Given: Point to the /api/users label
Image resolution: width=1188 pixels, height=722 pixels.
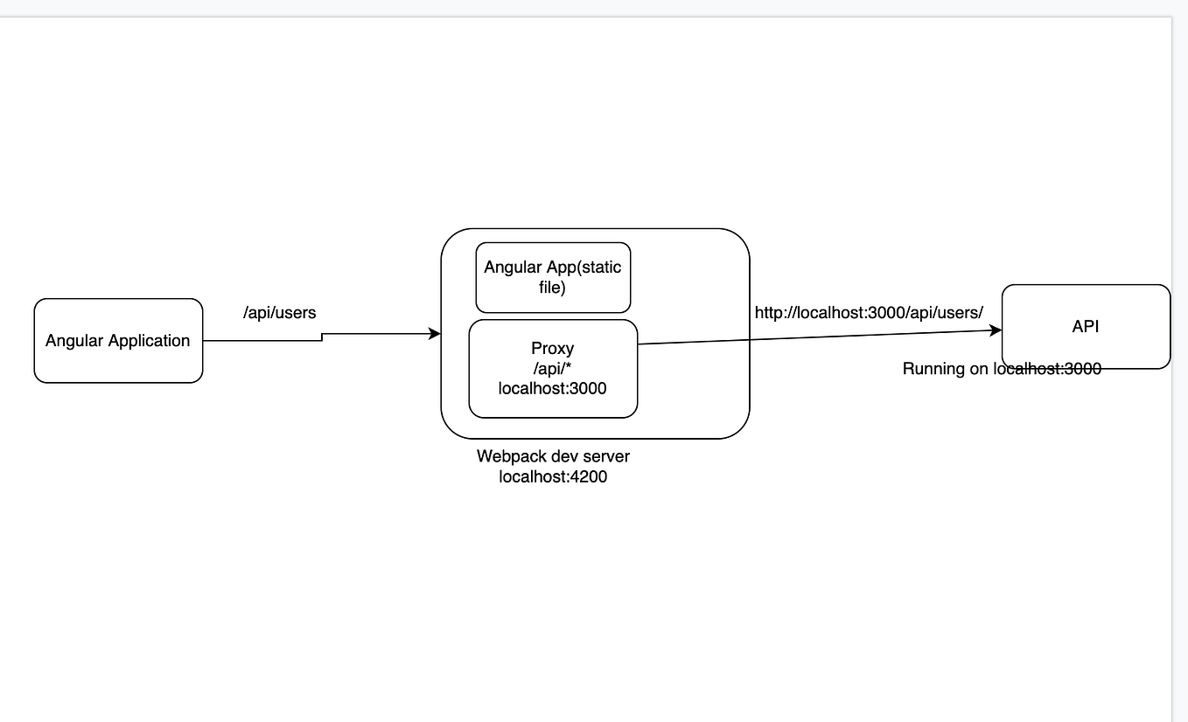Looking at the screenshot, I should point(279,312).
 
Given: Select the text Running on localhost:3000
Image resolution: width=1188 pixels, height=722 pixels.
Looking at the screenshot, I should point(1001,369).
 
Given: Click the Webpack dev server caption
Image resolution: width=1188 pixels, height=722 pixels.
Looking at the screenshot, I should point(553,455).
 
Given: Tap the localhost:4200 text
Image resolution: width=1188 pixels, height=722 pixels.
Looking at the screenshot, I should point(553,476).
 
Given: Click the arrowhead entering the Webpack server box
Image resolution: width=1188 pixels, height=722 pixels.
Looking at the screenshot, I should point(435,334).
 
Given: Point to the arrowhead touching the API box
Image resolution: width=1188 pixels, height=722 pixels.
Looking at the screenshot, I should point(996,331).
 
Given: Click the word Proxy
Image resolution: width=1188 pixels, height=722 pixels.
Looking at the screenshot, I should point(553,349).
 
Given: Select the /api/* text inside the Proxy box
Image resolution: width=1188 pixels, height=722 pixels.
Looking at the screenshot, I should point(553,368).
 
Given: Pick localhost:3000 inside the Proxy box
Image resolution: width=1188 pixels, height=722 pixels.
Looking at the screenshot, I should point(553,388).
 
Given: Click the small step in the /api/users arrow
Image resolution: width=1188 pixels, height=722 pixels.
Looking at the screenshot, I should point(322,337).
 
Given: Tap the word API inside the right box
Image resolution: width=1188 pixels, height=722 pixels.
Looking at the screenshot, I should point(1086,326).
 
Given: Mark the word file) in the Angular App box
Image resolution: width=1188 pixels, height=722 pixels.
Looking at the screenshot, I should point(553,287).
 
